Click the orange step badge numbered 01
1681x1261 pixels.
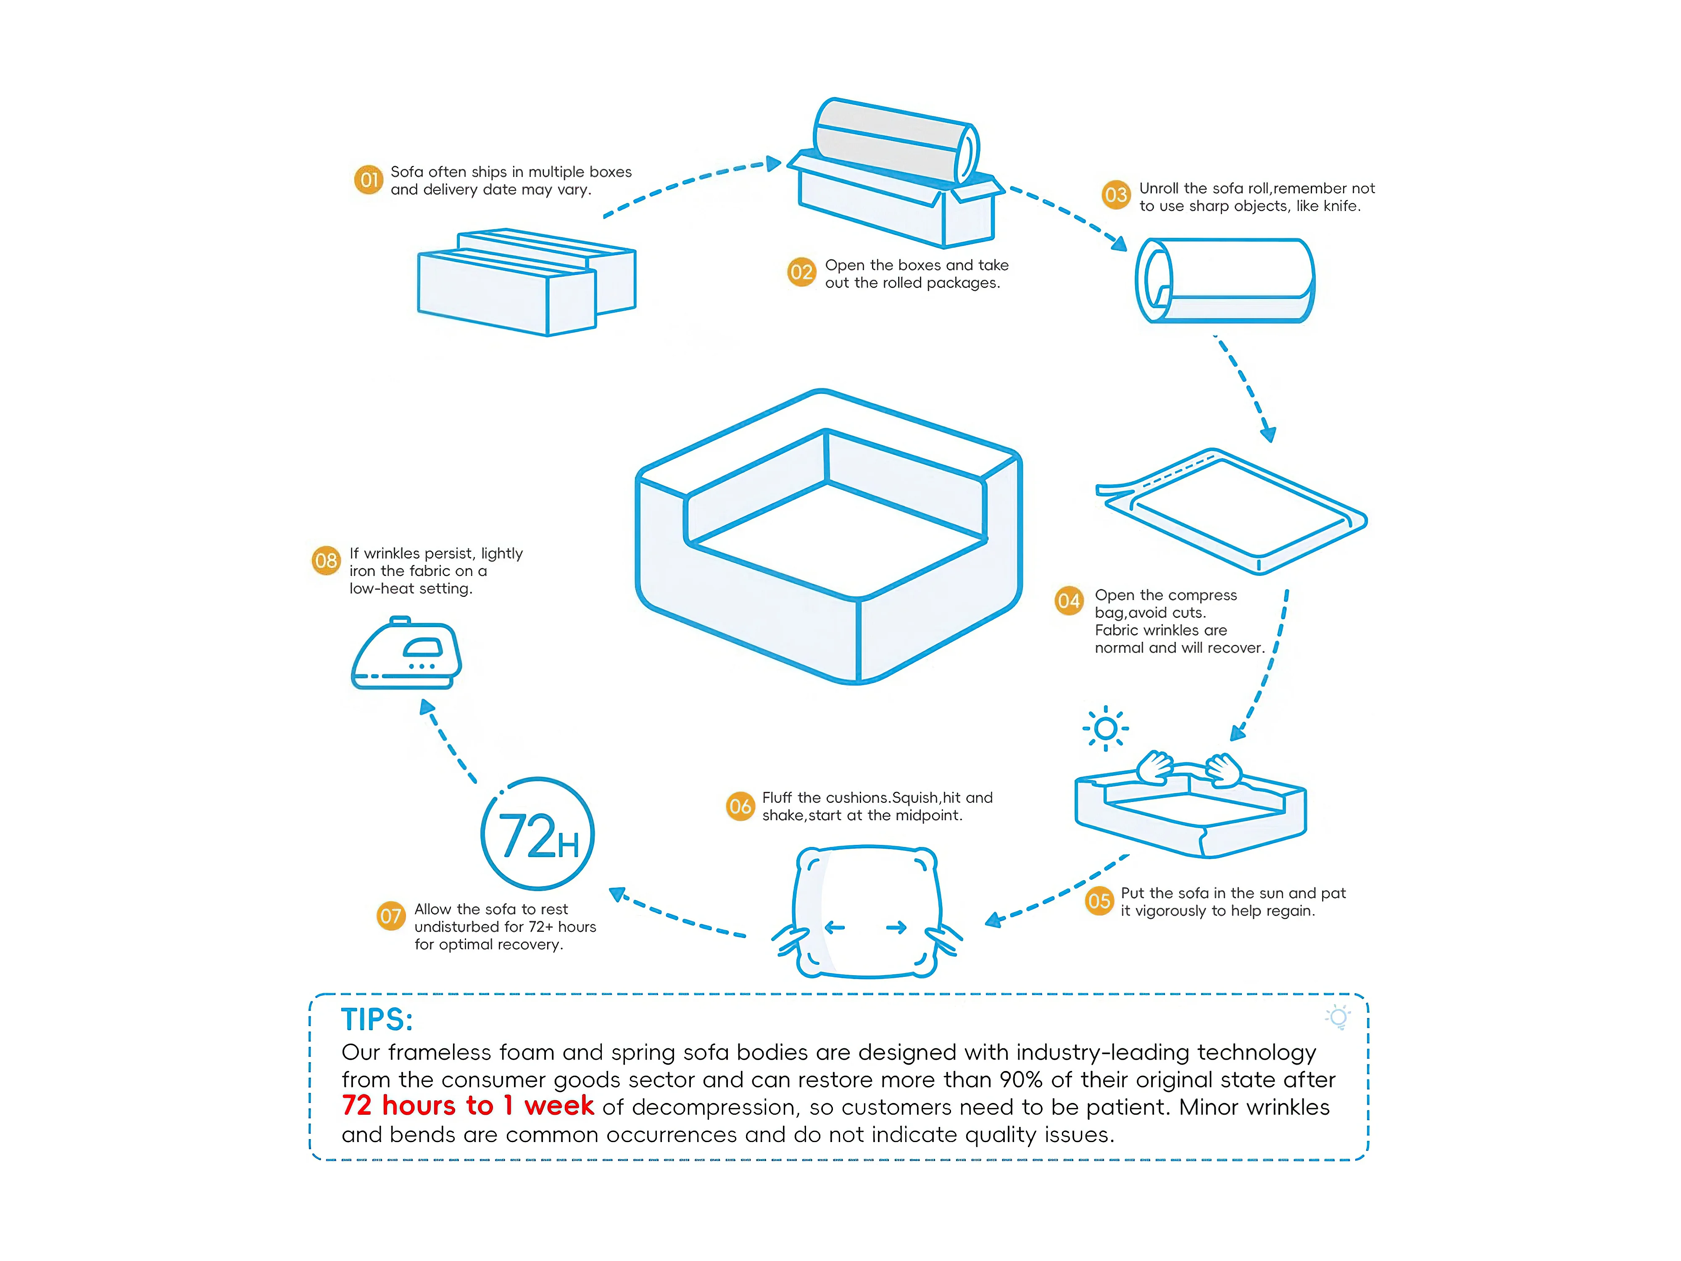369,180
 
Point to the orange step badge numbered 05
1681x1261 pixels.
1099,902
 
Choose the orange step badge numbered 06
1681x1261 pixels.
740,807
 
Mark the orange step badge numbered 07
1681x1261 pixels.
390,916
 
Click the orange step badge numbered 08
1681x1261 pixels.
326,561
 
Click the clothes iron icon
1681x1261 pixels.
406,654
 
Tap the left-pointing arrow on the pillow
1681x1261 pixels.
835,927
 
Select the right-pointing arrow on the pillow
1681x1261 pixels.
897,927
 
